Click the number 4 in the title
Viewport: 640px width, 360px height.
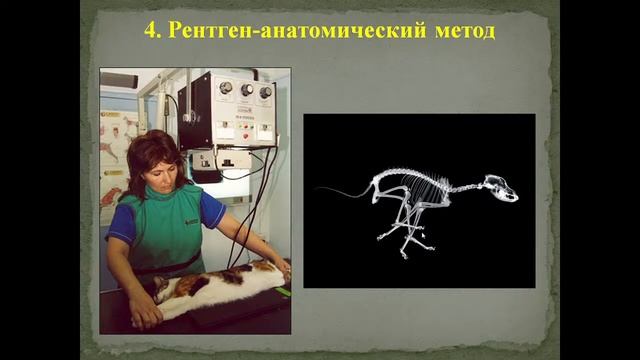151,29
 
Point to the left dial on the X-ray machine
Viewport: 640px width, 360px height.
222,89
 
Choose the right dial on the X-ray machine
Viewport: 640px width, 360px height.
265,93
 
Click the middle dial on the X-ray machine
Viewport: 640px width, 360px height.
244,91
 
